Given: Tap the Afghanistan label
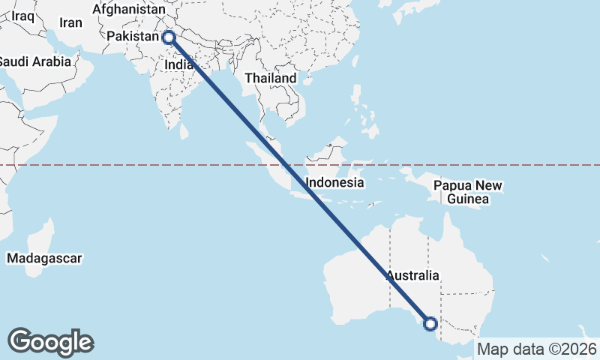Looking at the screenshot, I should [128, 10].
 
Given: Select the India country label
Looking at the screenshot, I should [178, 65].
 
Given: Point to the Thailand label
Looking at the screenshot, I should [271, 78].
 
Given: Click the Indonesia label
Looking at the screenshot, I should [335, 182].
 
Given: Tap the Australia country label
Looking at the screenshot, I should [412, 275].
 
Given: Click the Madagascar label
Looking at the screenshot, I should [44, 258].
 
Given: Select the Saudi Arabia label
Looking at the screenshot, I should [34, 61].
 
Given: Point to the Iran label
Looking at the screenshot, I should [70, 23].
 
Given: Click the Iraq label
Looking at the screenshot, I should [22, 15].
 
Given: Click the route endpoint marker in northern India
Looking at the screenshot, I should [168, 37].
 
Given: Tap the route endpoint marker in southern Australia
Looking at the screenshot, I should [430, 324].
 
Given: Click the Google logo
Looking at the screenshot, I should [50, 341].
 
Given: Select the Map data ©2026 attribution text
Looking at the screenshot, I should [537, 349].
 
